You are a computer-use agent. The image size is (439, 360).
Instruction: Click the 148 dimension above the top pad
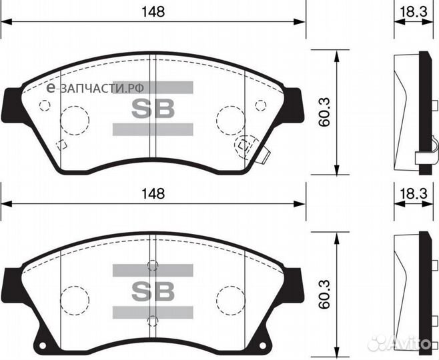[x=153, y=11]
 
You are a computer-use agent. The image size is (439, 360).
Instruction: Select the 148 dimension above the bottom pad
[x=153, y=193]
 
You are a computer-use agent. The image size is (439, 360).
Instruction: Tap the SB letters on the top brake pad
[x=153, y=109]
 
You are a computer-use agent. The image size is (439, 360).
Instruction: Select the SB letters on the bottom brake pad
[x=153, y=290]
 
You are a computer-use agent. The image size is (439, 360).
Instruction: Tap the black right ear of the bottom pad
[x=295, y=286]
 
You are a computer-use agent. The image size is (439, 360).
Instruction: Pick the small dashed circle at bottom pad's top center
[x=153, y=265]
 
